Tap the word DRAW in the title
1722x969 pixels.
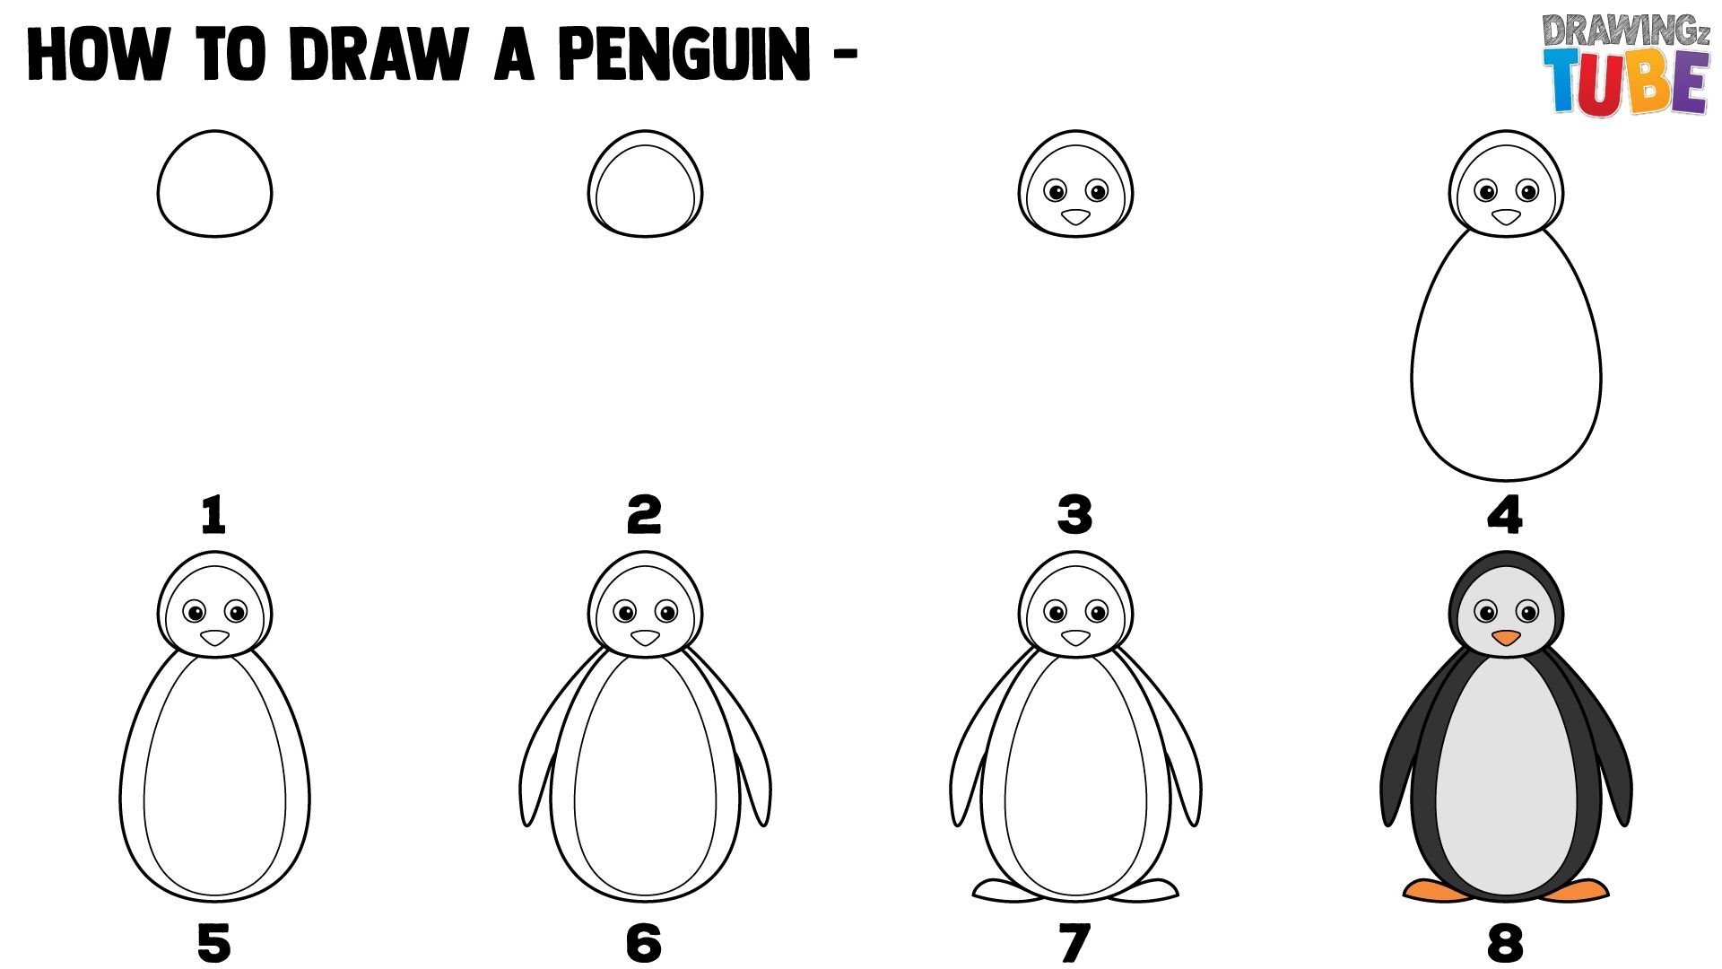(x=378, y=54)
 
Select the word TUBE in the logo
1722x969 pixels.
(x=1626, y=82)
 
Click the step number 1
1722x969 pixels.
(x=213, y=515)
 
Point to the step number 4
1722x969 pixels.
(x=1505, y=515)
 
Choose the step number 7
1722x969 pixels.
(x=1075, y=943)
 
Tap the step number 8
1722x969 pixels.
(x=1505, y=943)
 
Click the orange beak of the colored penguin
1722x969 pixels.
(x=1506, y=638)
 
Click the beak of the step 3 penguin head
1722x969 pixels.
(x=1075, y=217)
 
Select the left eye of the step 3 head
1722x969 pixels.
(x=1056, y=191)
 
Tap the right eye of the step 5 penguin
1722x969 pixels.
(x=236, y=613)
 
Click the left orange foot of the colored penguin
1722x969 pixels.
(x=1435, y=890)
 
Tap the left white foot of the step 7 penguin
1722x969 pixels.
(x=1004, y=890)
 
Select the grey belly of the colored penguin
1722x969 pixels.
(x=1507, y=776)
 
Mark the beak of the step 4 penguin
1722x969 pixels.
(x=1506, y=217)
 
